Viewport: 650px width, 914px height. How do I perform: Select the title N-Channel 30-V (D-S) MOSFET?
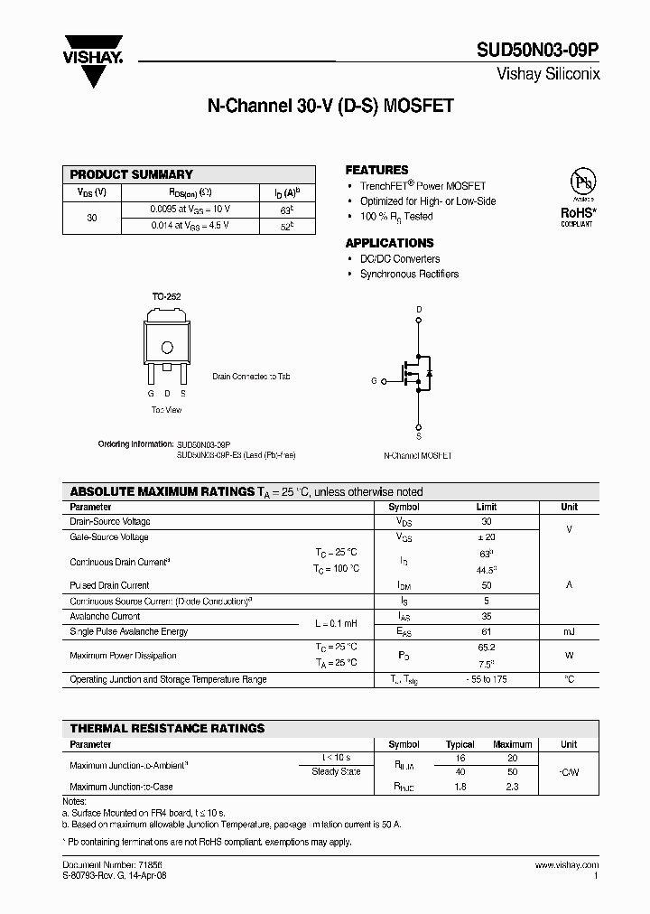click(330, 106)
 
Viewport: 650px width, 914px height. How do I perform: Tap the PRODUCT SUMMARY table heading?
click(132, 174)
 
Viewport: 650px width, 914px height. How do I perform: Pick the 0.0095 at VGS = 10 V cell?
click(190, 209)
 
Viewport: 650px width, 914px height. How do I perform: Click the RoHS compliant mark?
click(577, 214)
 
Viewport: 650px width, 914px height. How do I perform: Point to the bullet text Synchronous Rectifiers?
click(409, 274)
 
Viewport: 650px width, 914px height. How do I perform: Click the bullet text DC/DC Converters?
click(400, 259)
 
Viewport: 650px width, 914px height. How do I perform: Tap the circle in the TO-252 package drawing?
click(166, 348)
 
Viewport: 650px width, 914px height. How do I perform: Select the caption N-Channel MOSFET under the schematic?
click(418, 457)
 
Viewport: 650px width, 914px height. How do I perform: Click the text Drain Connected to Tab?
click(252, 376)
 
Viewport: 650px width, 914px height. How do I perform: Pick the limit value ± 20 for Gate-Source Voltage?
click(486, 536)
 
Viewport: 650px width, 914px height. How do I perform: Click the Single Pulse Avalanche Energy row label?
click(129, 631)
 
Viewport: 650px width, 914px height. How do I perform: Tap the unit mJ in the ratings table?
click(569, 631)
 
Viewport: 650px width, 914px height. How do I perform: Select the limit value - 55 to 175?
click(486, 679)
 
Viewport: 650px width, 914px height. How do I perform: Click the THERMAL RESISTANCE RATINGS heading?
click(167, 728)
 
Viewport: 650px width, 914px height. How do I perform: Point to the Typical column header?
click(460, 745)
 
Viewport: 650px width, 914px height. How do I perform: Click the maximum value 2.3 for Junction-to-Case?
click(512, 788)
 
